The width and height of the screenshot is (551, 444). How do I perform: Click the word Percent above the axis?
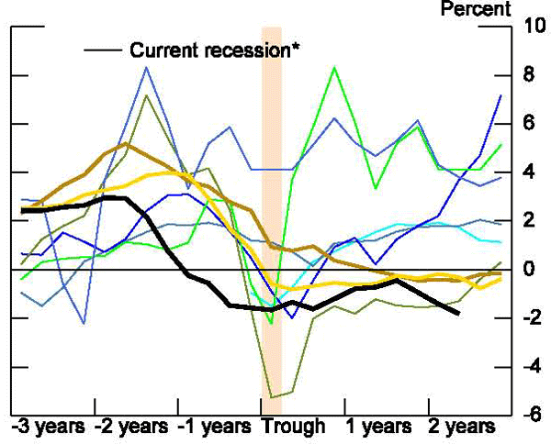click(476, 9)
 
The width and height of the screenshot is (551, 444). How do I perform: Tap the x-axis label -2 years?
click(131, 427)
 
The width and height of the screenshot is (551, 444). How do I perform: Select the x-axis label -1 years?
click(215, 427)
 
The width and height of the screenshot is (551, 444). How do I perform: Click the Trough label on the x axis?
click(293, 427)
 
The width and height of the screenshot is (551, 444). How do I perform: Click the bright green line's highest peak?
click(334, 68)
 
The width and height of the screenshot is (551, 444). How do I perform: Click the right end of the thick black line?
click(458, 314)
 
